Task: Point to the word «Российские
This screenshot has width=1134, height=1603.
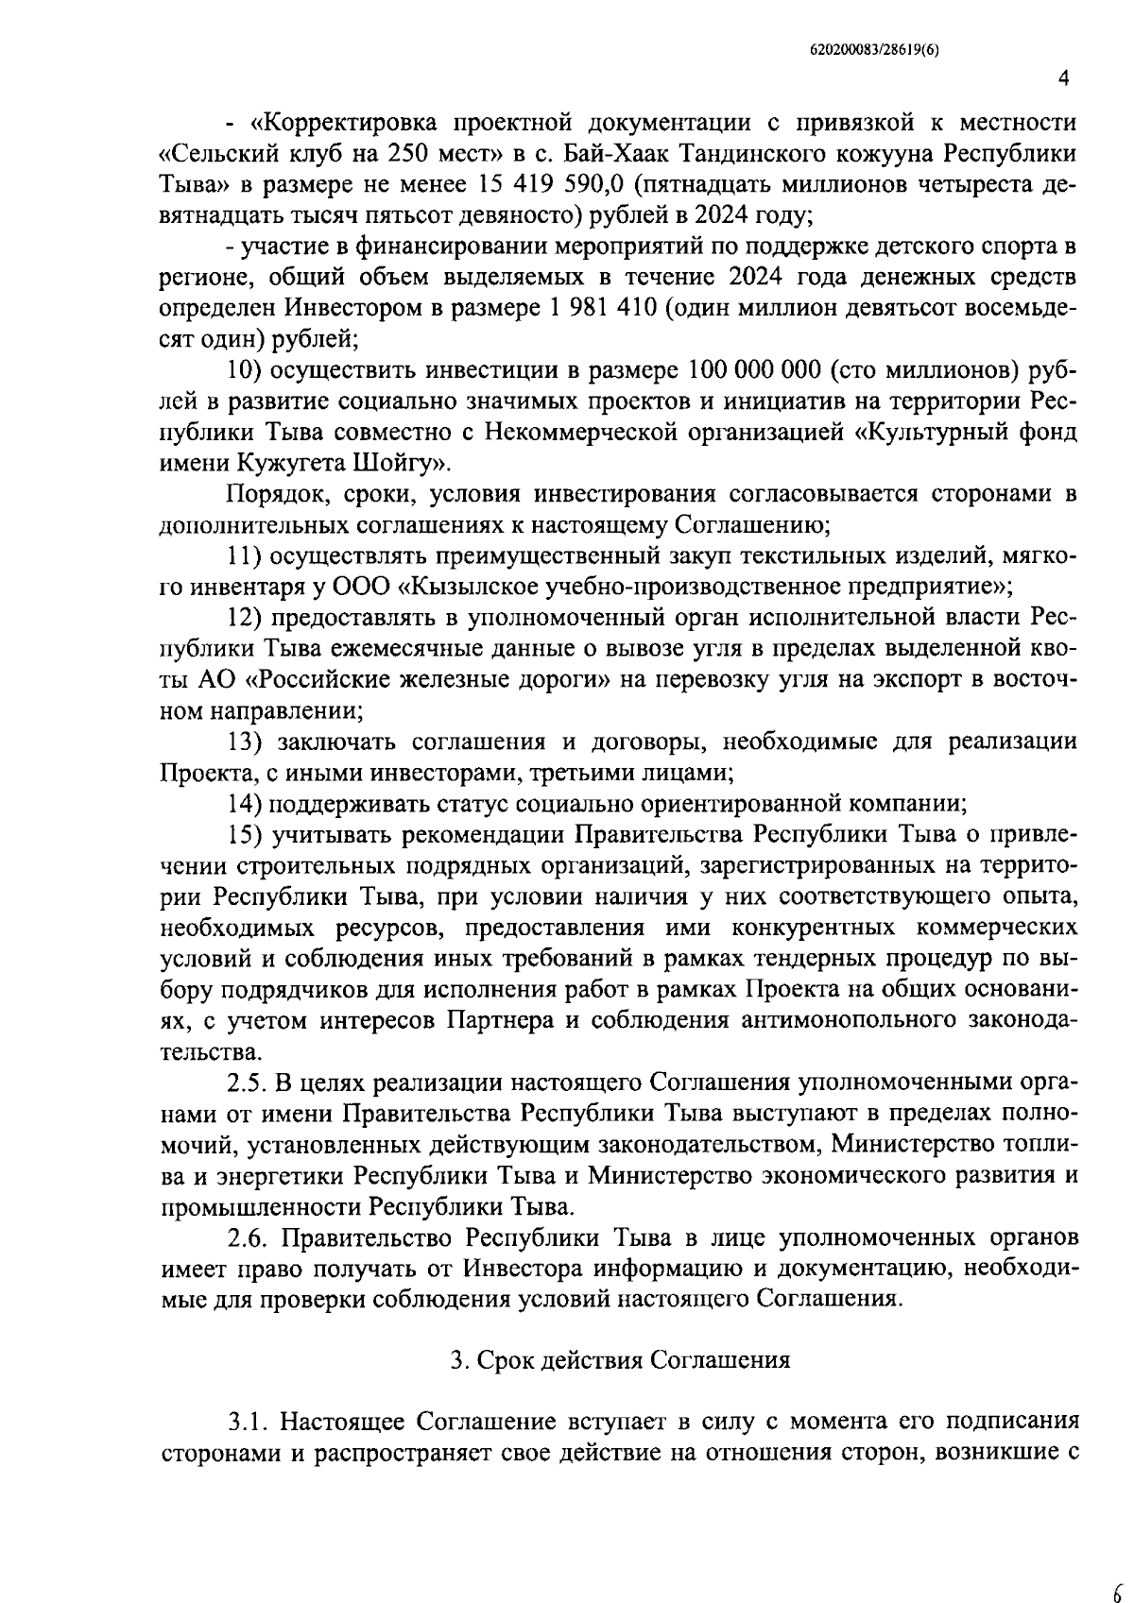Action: [x=340, y=679]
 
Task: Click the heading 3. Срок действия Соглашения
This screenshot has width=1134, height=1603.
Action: [x=619, y=1360]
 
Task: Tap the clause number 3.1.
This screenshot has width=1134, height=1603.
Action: [x=248, y=1422]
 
